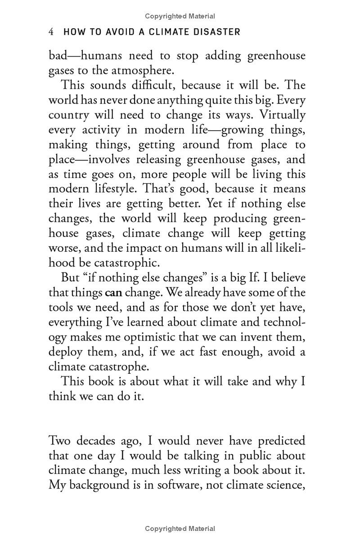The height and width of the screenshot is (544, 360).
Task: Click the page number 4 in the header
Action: (52, 32)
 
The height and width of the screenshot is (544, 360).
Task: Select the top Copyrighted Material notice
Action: (180, 16)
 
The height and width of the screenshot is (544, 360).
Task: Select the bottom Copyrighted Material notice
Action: (180, 529)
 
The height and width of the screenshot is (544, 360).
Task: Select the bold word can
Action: (113, 293)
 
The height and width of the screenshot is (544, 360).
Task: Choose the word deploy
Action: (64, 352)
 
